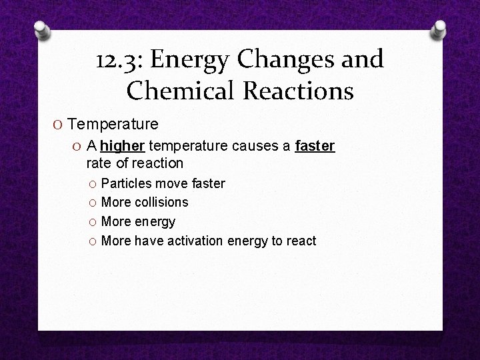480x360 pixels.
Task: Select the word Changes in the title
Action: pos(284,61)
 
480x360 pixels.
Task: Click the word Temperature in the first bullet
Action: pos(113,124)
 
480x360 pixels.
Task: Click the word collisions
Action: pos(162,202)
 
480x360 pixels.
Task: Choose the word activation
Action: pos(193,241)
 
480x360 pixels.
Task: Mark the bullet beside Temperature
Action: pos(59,125)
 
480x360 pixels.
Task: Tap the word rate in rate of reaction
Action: pos(98,163)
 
